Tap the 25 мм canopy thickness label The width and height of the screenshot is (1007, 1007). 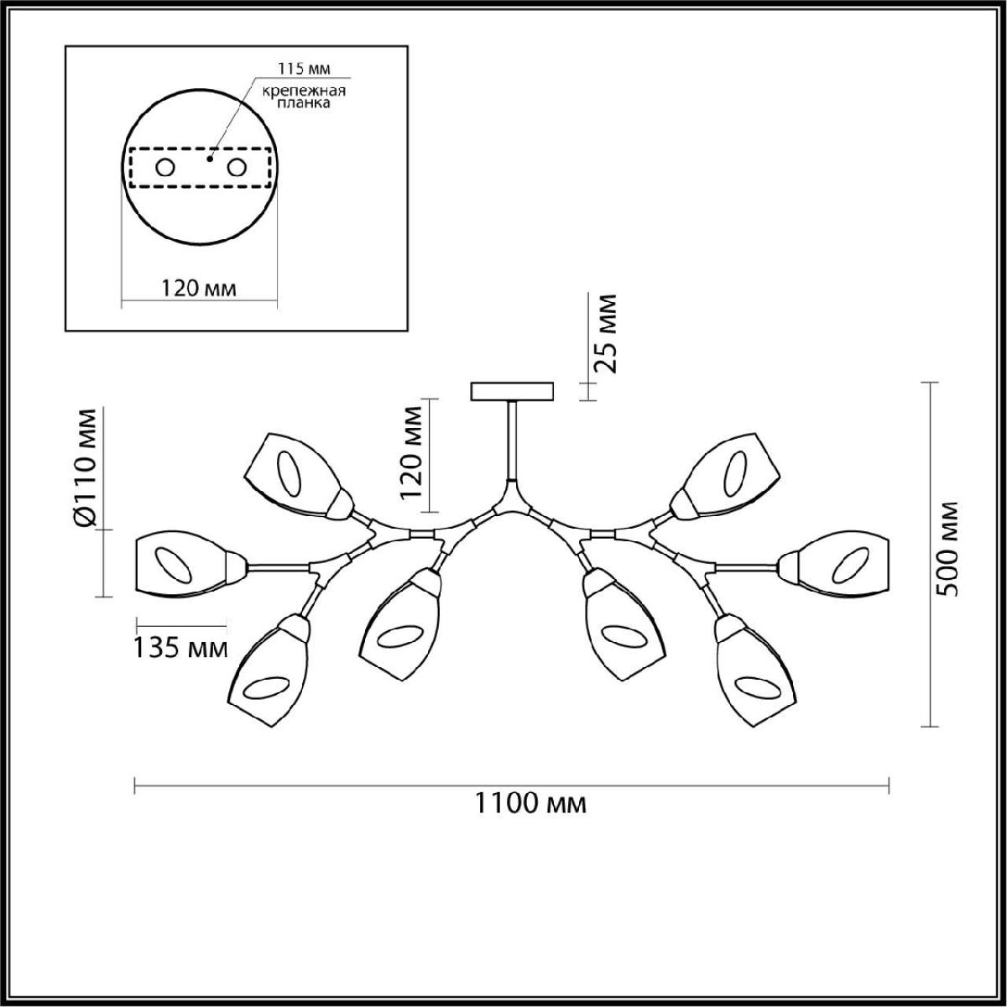(606, 333)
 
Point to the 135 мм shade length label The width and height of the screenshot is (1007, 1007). (181, 649)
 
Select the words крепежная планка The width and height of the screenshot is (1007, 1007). (304, 97)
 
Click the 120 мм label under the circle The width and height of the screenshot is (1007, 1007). (198, 288)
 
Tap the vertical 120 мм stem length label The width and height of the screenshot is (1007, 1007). (410, 453)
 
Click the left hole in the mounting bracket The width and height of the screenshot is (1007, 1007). (165, 169)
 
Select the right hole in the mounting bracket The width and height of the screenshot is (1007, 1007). (237, 169)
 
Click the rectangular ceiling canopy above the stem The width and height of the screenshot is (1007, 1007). (512, 391)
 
